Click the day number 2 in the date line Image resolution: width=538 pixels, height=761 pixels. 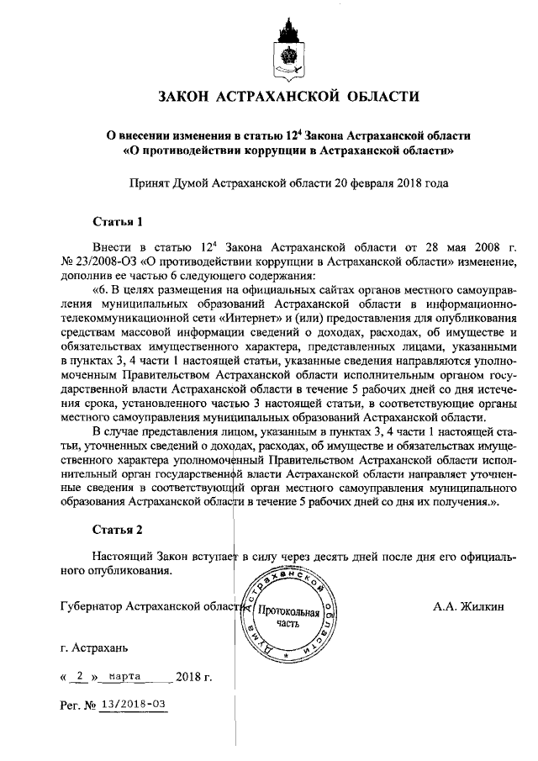pos(81,675)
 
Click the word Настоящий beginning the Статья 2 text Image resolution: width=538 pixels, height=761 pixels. pos(125,557)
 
